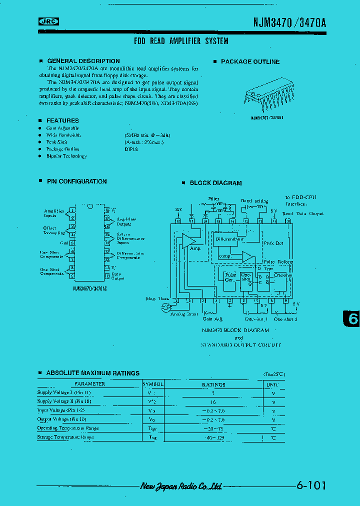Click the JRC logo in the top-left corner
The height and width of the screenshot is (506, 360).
click(x=48, y=21)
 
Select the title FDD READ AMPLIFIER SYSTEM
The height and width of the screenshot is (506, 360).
click(x=181, y=41)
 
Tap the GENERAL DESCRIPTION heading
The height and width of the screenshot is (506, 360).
click(x=83, y=61)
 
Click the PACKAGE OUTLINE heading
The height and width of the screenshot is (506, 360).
click(x=250, y=62)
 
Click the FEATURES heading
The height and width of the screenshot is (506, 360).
click(x=62, y=120)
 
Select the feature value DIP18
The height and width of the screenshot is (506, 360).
click(x=131, y=149)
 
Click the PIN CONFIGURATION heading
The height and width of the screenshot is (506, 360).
click(x=76, y=181)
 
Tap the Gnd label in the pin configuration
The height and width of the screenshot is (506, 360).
click(x=63, y=243)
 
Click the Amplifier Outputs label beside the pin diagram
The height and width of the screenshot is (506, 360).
click(x=126, y=221)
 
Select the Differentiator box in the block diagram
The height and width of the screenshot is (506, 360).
click(x=229, y=239)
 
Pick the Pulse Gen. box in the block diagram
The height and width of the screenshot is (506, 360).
click(x=230, y=277)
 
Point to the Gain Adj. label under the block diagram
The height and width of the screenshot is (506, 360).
click(x=212, y=318)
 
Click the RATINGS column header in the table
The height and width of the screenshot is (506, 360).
click(x=213, y=384)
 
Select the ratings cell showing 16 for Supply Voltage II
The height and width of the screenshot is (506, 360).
click(x=213, y=402)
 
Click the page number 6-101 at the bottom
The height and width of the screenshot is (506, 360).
click(x=310, y=485)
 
